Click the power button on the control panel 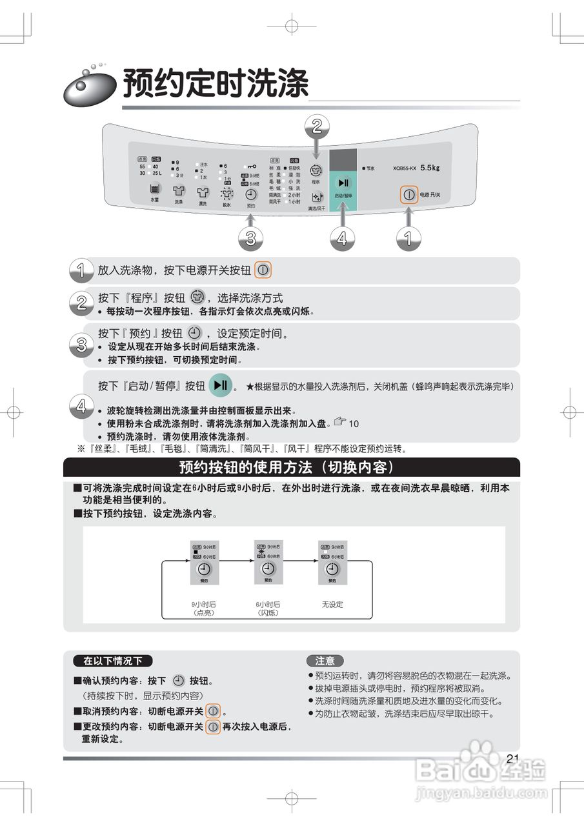point(408,194)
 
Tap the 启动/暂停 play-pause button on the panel point(343,183)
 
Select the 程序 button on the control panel point(316,171)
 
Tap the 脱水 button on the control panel point(227,193)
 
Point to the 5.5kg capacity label point(430,168)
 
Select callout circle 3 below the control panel point(250,239)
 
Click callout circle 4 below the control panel point(343,239)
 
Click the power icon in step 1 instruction point(263,270)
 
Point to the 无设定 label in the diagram point(332,605)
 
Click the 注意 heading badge point(325,661)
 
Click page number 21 point(513,758)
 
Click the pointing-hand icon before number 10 point(340,422)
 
